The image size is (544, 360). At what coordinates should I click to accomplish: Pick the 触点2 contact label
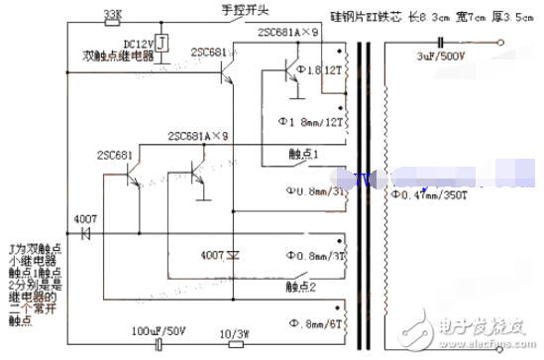(299, 287)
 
